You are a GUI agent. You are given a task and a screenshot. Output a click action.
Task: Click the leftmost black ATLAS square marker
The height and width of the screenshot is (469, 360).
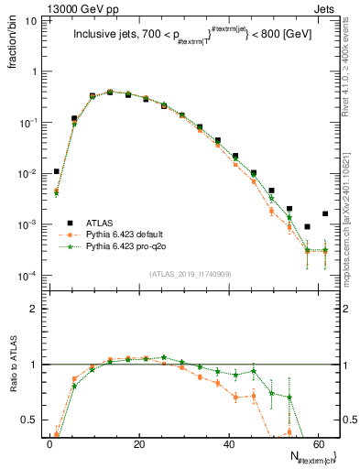[57, 171]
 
